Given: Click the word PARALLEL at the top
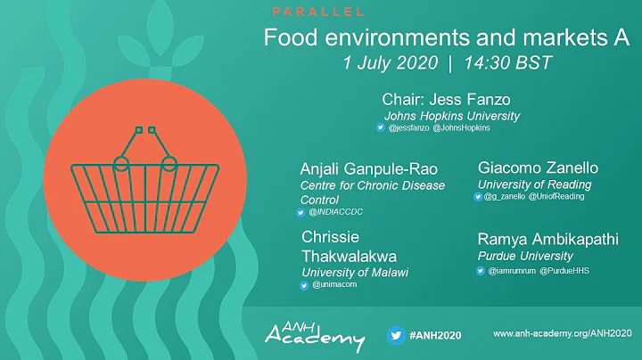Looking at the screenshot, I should (x=317, y=12).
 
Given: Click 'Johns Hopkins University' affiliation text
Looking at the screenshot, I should (x=451, y=116).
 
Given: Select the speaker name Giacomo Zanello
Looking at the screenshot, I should (x=538, y=168).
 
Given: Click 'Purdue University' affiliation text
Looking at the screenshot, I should (x=523, y=256).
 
